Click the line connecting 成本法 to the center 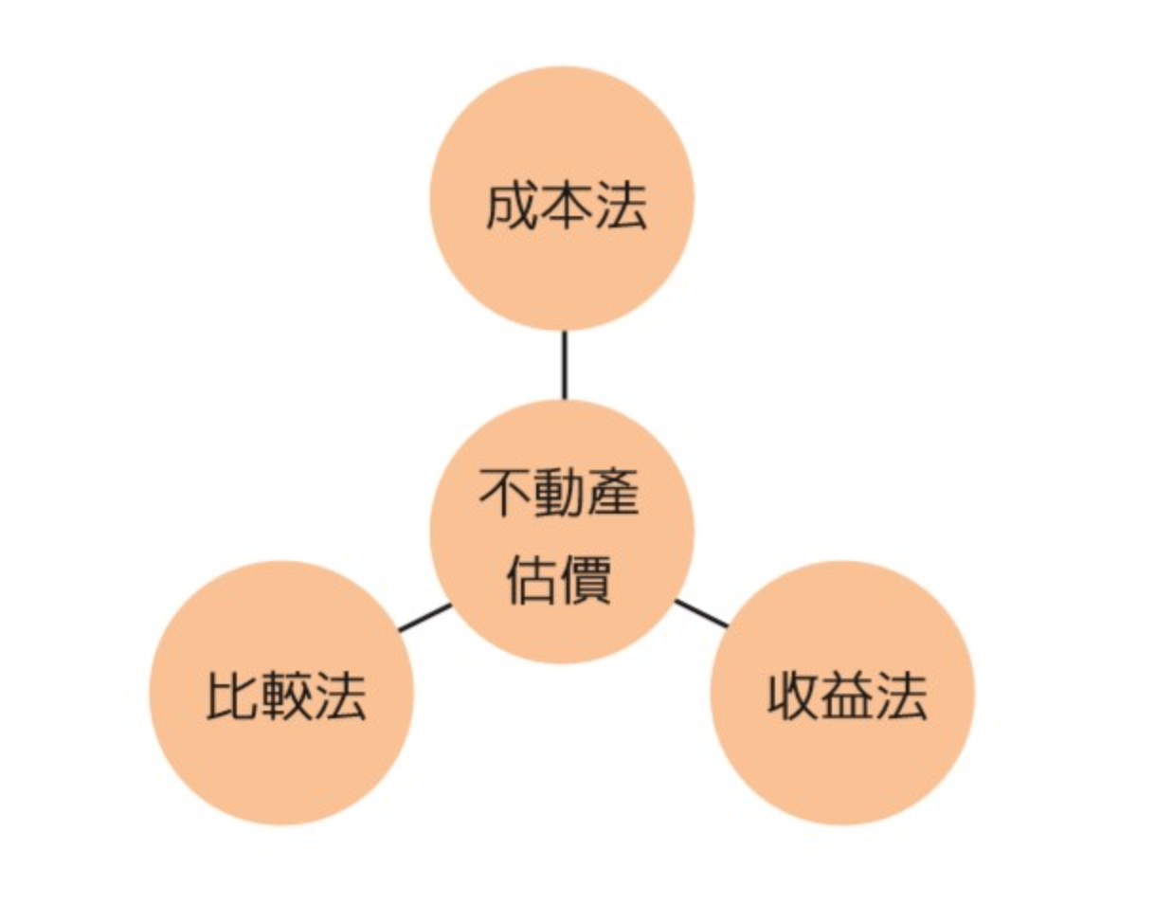click(x=564, y=365)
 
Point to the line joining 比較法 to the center click(x=424, y=617)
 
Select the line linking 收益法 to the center click(x=701, y=613)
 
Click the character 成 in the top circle click(x=512, y=206)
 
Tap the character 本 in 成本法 click(x=566, y=206)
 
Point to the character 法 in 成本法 click(x=621, y=206)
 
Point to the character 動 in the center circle click(x=560, y=494)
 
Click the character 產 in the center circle click(x=614, y=494)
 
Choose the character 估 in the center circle click(x=532, y=579)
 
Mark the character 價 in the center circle click(x=587, y=579)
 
